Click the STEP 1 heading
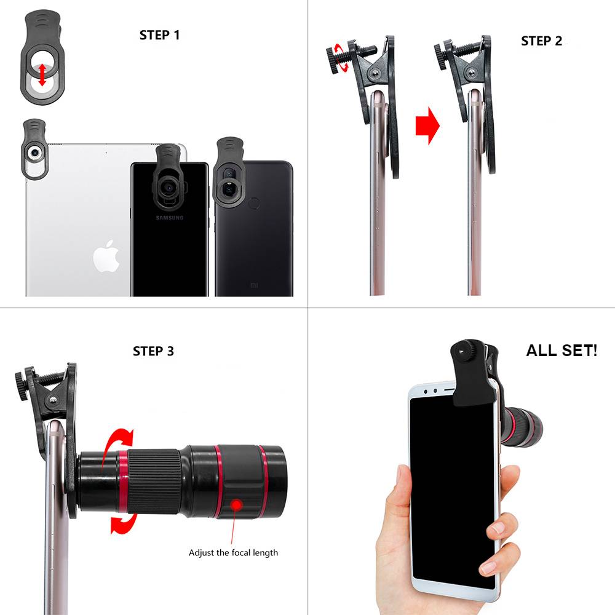[159, 35]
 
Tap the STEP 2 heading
[541, 41]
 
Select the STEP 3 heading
[153, 351]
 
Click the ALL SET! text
[561, 351]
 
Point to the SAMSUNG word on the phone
[169, 218]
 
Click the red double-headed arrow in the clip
[42, 76]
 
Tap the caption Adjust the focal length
[233, 552]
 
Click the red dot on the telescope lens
[236, 504]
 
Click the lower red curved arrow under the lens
[121, 523]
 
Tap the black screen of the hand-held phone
[449, 492]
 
